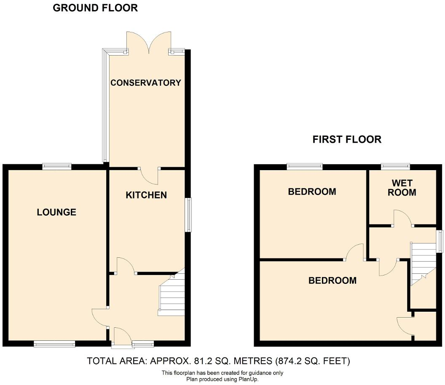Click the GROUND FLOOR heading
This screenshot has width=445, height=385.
click(x=95, y=8)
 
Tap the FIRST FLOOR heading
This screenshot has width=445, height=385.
click(x=346, y=139)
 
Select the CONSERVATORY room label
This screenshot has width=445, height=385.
click(x=145, y=83)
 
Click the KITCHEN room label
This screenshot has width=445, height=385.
click(x=146, y=195)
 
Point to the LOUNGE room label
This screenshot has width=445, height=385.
click(x=56, y=212)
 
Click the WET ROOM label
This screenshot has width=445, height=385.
click(x=403, y=188)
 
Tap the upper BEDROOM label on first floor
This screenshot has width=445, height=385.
click(x=312, y=192)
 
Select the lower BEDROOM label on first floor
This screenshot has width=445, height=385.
click(x=332, y=281)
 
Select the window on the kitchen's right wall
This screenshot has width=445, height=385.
click(x=188, y=215)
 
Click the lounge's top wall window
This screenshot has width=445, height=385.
click(x=56, y=167)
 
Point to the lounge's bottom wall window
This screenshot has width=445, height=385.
click(x=54, y=344)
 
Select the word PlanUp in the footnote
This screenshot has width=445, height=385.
click(x=248, y=379)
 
